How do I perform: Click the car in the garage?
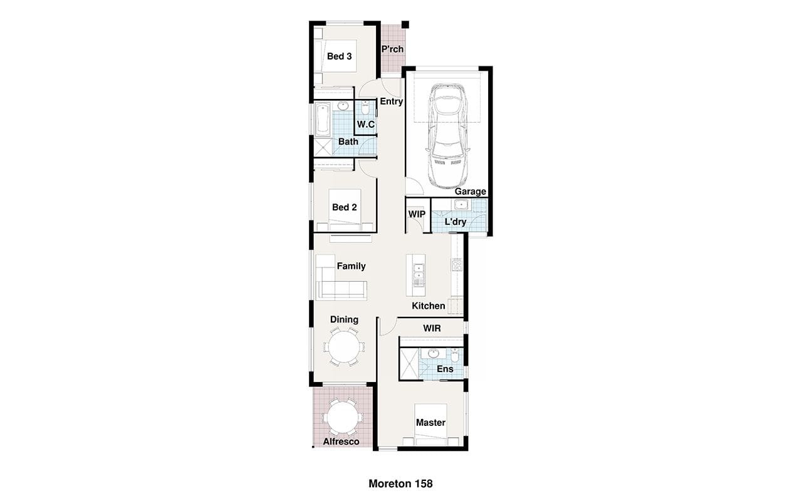[x=447, y=136]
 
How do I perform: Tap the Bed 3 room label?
[x=340, y=56]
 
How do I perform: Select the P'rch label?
[x=392, y=49]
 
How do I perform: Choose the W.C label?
[x=365, y=124]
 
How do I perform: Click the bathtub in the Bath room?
[x=323, y=119]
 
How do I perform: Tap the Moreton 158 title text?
[x=400, y=484]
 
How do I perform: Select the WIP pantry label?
[x=417, y=214]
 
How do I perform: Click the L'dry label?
[x=456, y=222]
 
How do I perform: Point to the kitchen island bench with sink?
[x=415, y=275]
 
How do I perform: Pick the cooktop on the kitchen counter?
[x=457, y=265]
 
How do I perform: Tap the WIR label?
[x=432, y=328]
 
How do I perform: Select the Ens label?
[x=445, y=369]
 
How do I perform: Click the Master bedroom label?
[x=430, y=423]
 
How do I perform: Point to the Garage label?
[x=471, y=192]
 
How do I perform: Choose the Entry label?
[x=392, y=101]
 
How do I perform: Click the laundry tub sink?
[x=461, y=205]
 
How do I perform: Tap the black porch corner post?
[x=405, y=24]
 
